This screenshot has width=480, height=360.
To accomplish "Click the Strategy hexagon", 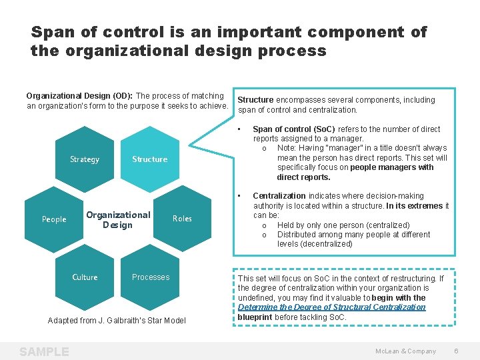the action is [85, 159].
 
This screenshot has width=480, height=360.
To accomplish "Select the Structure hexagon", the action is [149, 159].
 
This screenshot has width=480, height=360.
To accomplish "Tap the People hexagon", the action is [54, 219].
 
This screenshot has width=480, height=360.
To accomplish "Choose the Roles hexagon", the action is [182, 219].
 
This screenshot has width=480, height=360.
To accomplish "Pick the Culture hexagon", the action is [85, 277].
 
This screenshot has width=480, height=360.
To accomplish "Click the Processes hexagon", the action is [151, 277].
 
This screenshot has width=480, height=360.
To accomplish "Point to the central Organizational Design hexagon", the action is [118, 219].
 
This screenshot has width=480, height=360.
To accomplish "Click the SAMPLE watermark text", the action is [44, 351].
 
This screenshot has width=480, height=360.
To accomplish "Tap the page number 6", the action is [456, 351].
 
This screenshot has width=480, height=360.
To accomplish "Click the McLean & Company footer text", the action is [405, 351].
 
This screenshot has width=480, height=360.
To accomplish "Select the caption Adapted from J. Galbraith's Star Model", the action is [117, 321].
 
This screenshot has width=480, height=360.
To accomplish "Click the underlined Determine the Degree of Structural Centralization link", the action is [331, 307].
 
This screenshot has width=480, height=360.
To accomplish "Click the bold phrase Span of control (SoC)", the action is [294, 129].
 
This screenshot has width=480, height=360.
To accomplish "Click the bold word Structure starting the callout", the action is [256, 100].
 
